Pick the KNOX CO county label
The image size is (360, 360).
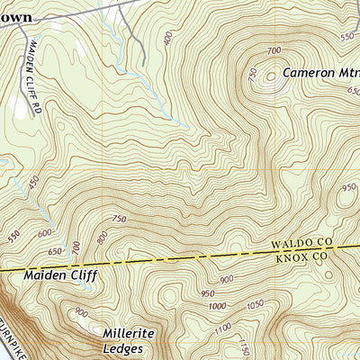click(x=301, y=256)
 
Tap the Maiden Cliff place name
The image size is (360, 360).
click(x=60, y=276)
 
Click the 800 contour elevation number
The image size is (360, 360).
click(x=101, y=238)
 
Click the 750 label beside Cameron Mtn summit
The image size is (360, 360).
click(x=252, y=74)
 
